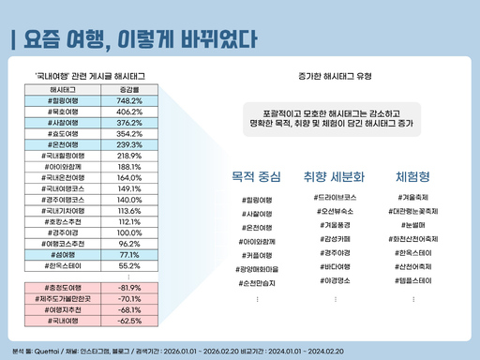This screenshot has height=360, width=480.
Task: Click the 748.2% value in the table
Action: point(129,100)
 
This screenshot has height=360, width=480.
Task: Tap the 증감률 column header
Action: point(129,89)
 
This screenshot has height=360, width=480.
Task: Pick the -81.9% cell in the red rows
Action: point(129,287)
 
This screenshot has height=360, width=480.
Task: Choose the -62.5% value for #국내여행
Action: point(129,320)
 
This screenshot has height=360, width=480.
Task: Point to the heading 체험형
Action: point(412,176)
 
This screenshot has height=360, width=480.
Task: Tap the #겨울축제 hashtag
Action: point(412,199)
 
